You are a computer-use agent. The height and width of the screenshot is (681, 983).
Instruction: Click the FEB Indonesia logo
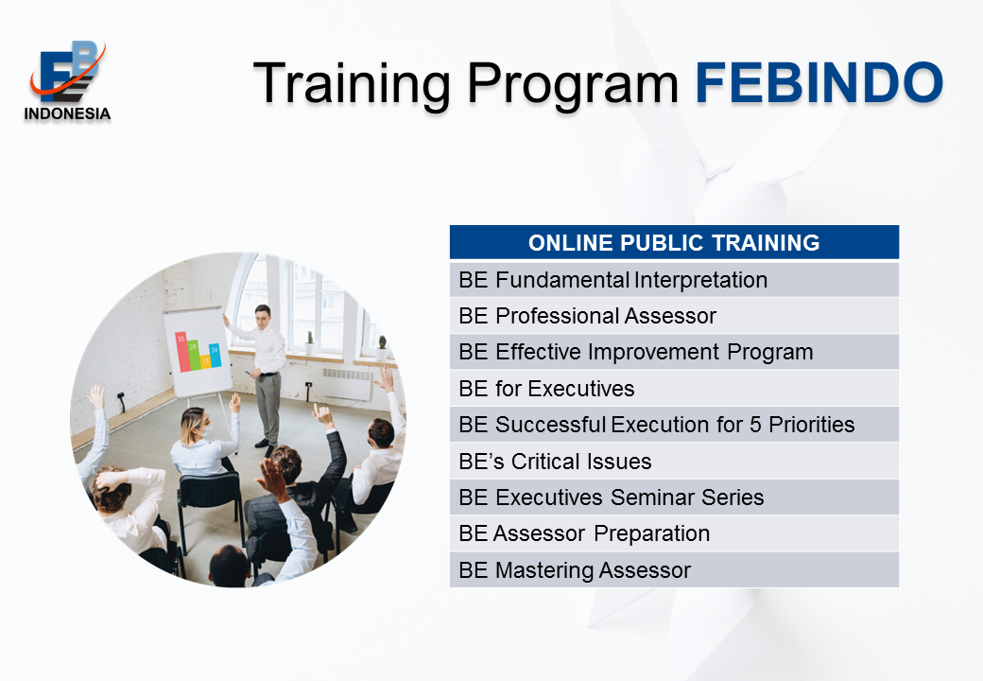pos(67,80)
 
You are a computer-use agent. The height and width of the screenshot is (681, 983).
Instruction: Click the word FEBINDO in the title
pos(819,82)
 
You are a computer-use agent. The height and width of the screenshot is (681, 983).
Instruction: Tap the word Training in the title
pos(352,84)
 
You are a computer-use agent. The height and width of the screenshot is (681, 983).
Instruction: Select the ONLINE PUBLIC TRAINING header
pos(674,242)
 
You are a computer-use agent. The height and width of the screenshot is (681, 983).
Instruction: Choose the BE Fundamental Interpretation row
pos(674,280)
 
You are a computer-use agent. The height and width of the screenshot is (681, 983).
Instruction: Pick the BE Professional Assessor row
pos(674,316)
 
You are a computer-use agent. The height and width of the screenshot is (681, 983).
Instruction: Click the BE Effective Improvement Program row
pos(674,352)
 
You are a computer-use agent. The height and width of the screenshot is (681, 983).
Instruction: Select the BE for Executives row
pos(674,388)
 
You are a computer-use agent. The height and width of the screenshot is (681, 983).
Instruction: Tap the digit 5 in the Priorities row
pos(755,425)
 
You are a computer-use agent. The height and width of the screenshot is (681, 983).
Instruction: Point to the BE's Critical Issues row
pos(674,461)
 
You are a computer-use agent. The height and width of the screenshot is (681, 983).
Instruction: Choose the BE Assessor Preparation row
pos(674,533)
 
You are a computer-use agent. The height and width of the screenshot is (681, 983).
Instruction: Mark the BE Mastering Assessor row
pos(674,570)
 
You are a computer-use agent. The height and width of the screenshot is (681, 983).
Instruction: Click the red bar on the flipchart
pos(181,352)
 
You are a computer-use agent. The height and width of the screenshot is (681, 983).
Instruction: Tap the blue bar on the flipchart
pos(216,356)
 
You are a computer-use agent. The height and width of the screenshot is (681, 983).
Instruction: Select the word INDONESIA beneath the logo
pos(67,113)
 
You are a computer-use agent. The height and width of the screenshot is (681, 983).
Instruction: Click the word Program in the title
pos(573,84)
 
